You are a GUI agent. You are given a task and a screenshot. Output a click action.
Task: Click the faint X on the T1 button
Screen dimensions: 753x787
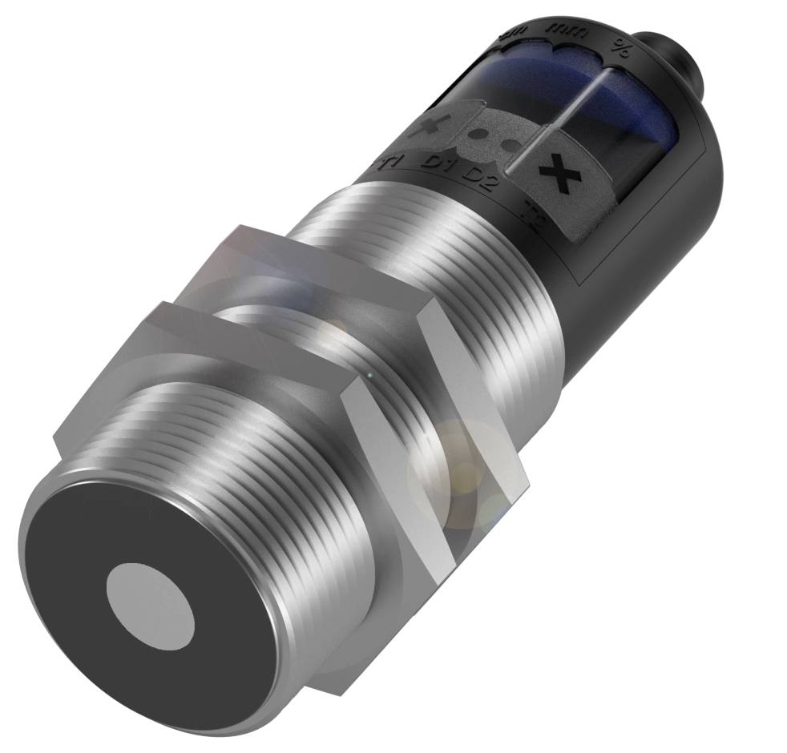[x=435, y=123]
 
